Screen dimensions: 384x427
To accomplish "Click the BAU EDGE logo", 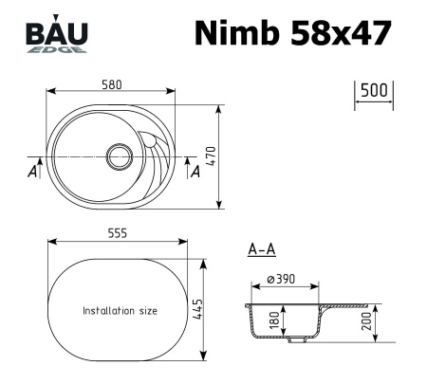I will click(x=56, y=37).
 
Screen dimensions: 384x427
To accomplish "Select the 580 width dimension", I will click(x=111, y=84).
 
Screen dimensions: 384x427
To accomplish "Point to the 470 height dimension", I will click(x=227, y=155).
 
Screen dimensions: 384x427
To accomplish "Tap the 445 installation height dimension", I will click(x=197, y=308).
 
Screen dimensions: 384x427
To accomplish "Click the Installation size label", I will click(x=120, y=311).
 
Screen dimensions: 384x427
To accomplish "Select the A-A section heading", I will click(x=261, y=250).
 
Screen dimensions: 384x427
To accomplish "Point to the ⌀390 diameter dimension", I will click(x=284, y=279).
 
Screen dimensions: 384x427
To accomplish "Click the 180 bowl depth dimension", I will click(x=275, y=320).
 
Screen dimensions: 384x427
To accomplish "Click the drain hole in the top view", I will click(x=121, y=154).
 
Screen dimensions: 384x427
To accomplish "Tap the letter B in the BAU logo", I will click(x=36, y=33).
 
